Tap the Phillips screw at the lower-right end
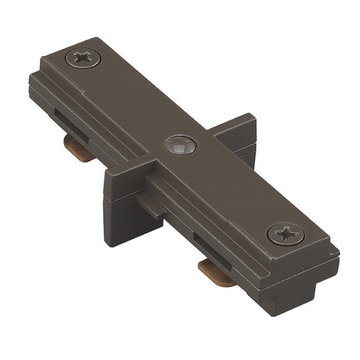click(285, 234)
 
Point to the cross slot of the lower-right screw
click(285, 234)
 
